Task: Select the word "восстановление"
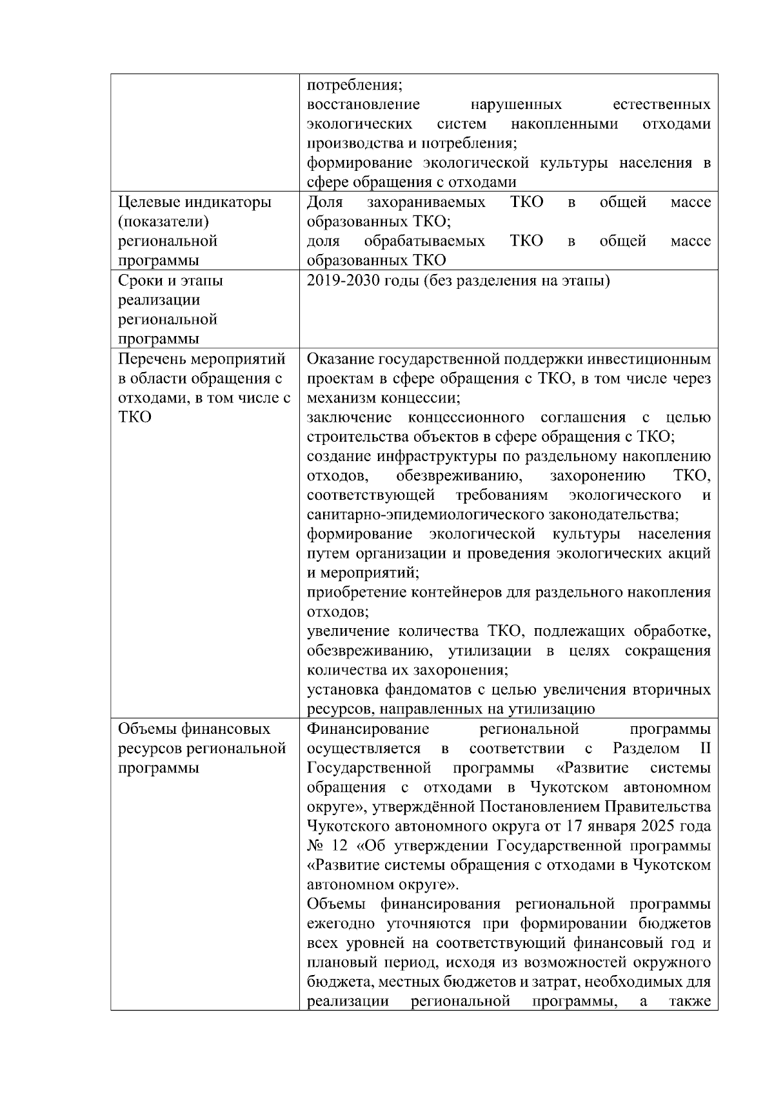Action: (363, 104)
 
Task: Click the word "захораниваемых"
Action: (426, 202)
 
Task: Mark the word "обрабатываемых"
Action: (424, 241)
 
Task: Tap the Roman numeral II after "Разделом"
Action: (705, 749)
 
